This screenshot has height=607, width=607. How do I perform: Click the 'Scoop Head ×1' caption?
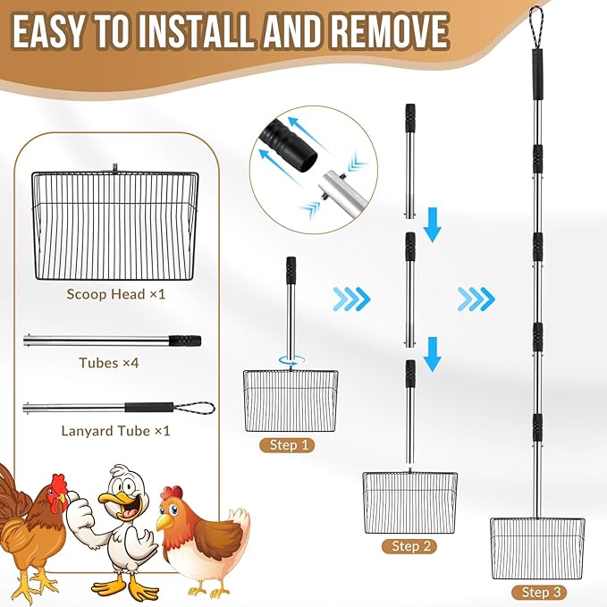point(116,293)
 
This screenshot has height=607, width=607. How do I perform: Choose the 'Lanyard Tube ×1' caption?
point(116,430)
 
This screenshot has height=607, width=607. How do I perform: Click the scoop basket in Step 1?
point(291,400)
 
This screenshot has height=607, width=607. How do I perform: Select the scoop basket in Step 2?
point(409,502)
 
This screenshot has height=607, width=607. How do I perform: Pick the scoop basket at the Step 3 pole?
point(538,546)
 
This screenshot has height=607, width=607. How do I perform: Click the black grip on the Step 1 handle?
point(291,270)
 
